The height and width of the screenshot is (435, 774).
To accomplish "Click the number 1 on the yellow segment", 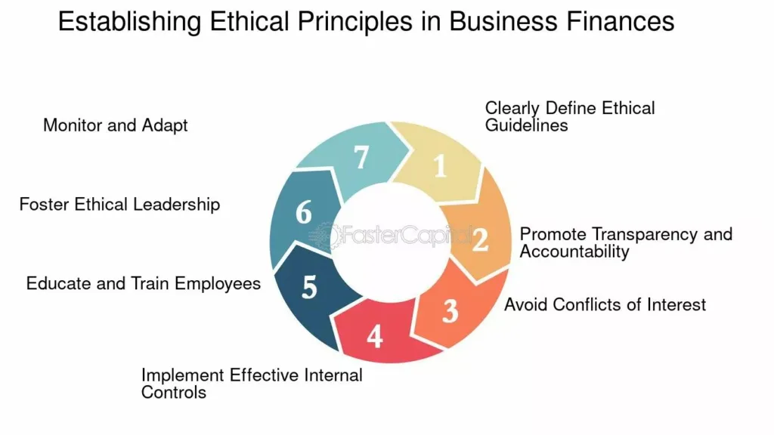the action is pos(441,166).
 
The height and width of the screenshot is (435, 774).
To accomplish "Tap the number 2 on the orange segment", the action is pos(480,240).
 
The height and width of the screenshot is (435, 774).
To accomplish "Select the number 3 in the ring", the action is pos(450,312).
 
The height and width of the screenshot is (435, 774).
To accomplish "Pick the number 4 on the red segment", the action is pos(375,337).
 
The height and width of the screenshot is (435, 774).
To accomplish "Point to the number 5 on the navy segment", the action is pos(309,288).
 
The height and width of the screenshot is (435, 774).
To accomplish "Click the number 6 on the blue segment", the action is pos(304,212).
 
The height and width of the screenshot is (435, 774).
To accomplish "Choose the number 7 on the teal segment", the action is pos(361,158).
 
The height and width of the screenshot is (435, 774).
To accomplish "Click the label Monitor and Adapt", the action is pos(116,126).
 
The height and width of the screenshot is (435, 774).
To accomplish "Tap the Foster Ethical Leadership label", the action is pos(119,205).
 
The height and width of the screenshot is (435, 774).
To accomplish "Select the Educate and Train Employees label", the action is pos(143,284).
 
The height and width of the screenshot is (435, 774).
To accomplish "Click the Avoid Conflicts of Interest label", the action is pos(605,305).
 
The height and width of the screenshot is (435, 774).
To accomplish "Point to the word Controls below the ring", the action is pos(174,393).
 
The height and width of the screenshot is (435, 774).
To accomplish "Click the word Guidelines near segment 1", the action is pos(526,125).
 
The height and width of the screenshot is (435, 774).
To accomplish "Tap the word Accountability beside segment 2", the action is pos(574,252).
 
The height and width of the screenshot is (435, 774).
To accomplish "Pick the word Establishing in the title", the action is pos(130,22).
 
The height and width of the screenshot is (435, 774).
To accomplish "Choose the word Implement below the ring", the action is pos(182,376).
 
